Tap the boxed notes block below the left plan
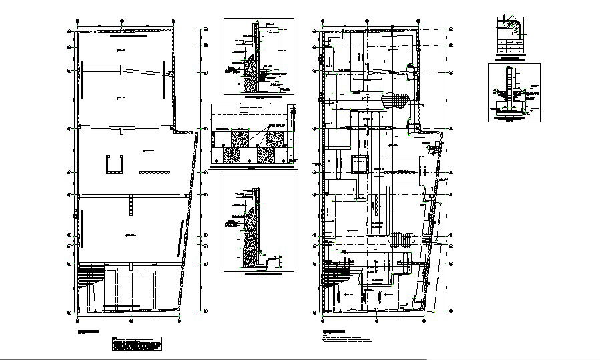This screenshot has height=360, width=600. point(137,344)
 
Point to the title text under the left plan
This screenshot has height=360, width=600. point(91,332)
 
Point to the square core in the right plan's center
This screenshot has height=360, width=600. point(359,163)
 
